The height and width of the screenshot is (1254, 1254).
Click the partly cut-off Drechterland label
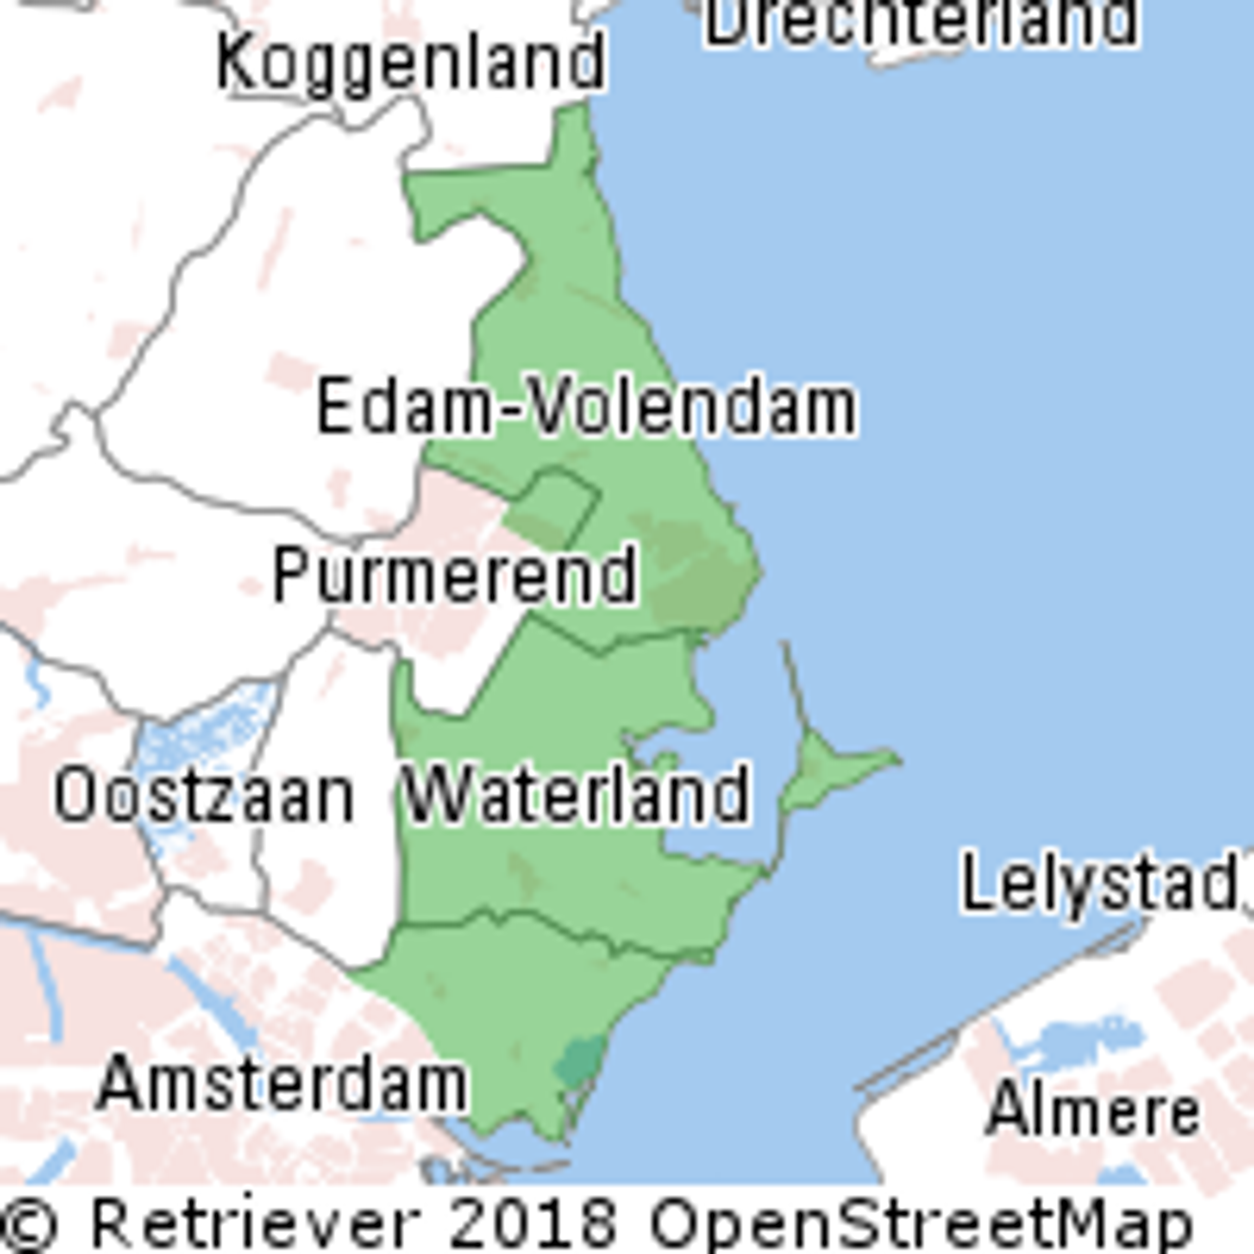922,23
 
